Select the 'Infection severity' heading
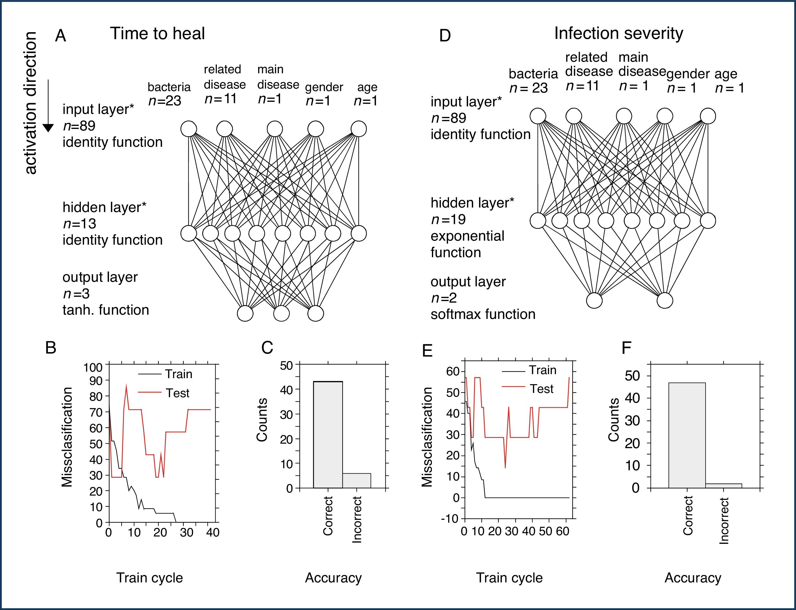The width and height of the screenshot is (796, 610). (x=618, y=33)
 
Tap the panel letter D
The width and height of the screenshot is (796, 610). (x=445, y=36)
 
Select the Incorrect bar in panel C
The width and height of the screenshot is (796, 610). (x=356, y=481)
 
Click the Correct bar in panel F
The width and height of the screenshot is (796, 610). (x=687, y=435)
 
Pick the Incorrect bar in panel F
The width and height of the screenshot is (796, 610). (x=723, y=486)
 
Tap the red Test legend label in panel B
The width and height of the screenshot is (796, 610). (x=178, y=393)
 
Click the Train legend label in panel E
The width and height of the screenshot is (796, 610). (x=542, y=370)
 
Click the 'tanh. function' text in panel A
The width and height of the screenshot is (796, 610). (x=106, y=310)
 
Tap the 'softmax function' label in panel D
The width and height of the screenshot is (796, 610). (x=483, y=314)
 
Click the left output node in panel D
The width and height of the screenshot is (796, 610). (x=594, y=301)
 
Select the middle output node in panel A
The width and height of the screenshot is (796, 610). (x=281, y=314)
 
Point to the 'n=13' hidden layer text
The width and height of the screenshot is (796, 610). (x=80, y=224)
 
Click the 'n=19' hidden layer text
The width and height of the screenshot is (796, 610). (x=448, y=220)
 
